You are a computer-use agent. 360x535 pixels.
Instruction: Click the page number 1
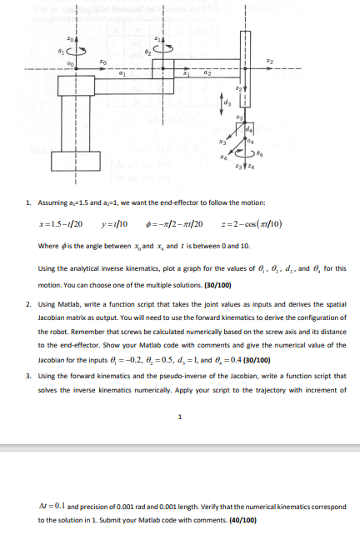180,417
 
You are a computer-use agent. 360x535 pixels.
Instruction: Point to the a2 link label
207,73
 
